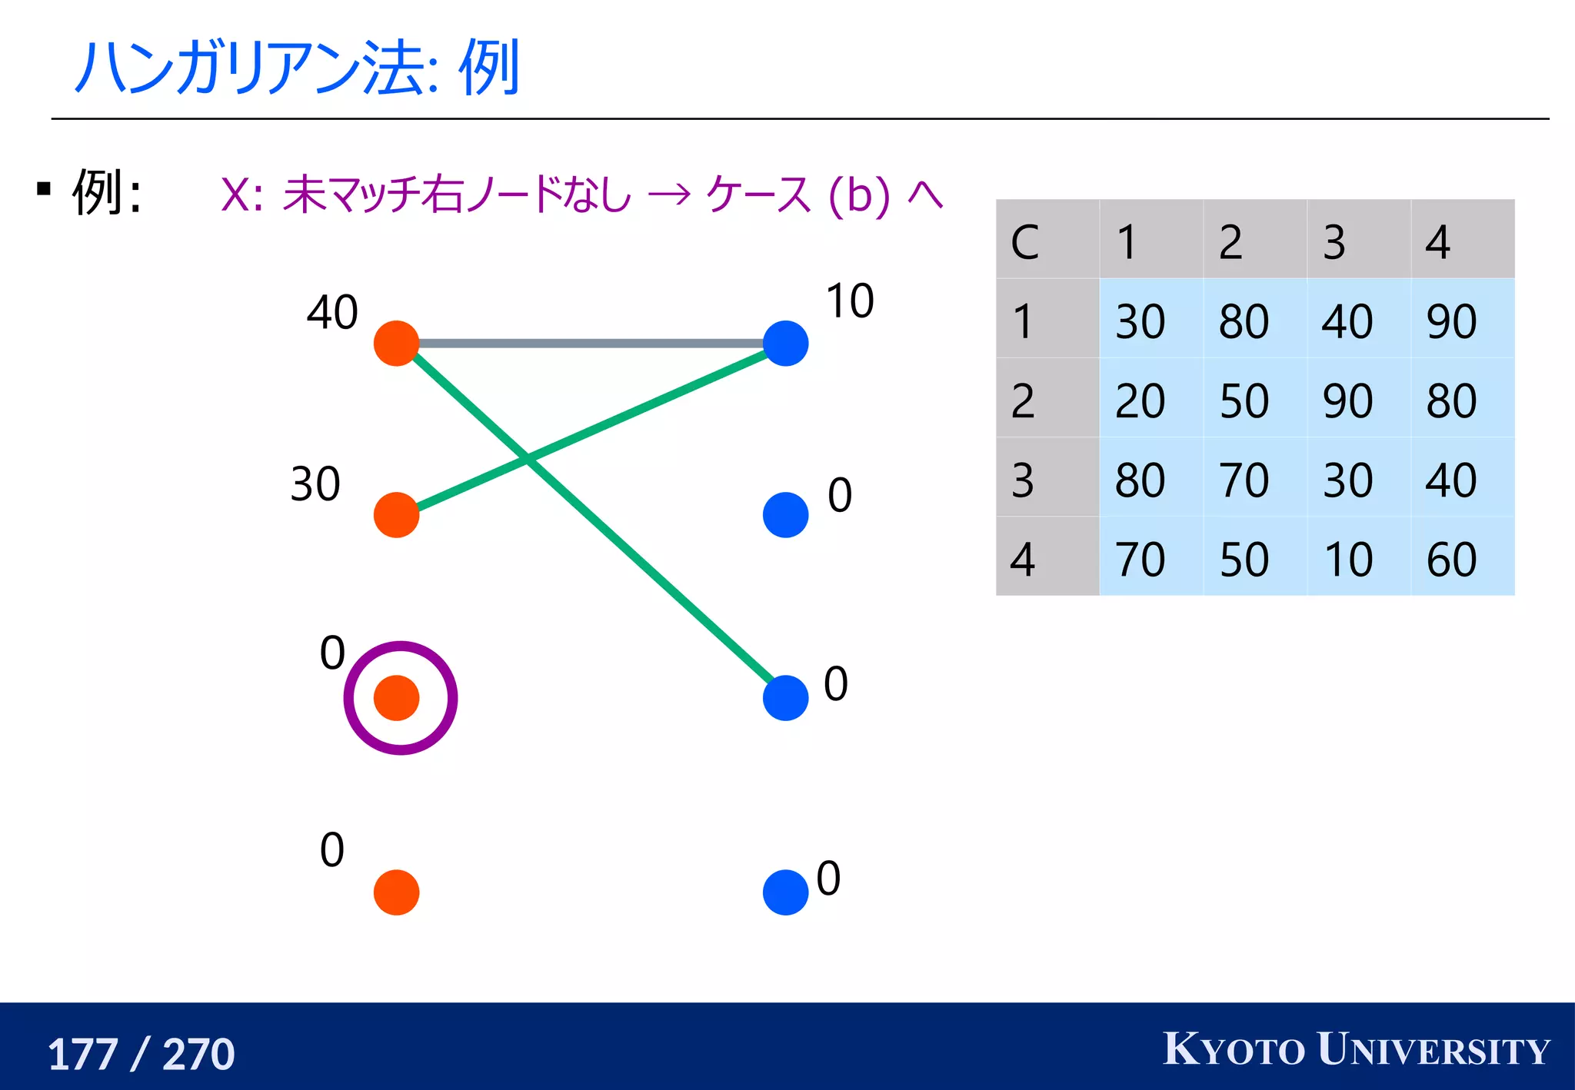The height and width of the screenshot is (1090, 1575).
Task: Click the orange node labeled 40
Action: click(396, 344)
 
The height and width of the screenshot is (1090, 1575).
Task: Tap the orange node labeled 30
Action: click(396, 515)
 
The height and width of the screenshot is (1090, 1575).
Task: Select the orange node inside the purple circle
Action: click(396, 698)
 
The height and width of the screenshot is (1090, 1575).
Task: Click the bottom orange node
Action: click(396, 892)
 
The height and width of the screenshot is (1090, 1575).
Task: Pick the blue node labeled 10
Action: click(785, 344)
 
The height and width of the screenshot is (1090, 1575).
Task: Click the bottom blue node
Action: click(785, 892)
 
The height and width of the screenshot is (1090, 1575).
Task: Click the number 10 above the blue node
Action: click(849, 301)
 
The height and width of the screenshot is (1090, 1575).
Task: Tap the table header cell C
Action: click(1025, 242)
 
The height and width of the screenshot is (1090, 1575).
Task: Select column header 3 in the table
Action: click(1334, 242)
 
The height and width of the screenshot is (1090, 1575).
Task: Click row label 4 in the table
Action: click(1023, 559)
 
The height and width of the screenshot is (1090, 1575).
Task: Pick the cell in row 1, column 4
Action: click(1451, 321)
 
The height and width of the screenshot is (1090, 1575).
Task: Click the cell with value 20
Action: click(1140, 400)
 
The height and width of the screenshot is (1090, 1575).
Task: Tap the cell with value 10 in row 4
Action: click(1348, 559)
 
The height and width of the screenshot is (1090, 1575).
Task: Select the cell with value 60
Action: click(1451, 559)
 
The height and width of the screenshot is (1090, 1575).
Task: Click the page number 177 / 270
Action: click(142, 1054)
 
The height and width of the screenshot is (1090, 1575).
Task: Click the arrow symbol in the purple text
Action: click(668, 195)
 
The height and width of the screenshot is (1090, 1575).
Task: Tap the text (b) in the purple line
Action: click(858, 195)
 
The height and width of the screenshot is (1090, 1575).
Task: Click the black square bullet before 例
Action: click(44, 189)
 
